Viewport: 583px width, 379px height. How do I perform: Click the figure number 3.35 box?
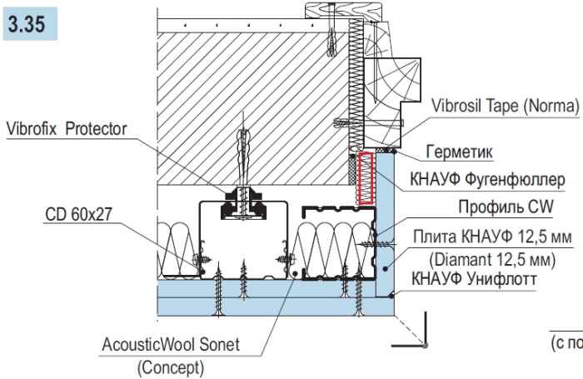pos(29,26)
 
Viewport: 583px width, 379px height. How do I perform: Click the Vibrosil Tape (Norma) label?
pos(505,107)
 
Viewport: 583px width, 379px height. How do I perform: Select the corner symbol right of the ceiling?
pos(421,332)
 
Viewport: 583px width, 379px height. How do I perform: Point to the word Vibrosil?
pos(460,107)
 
